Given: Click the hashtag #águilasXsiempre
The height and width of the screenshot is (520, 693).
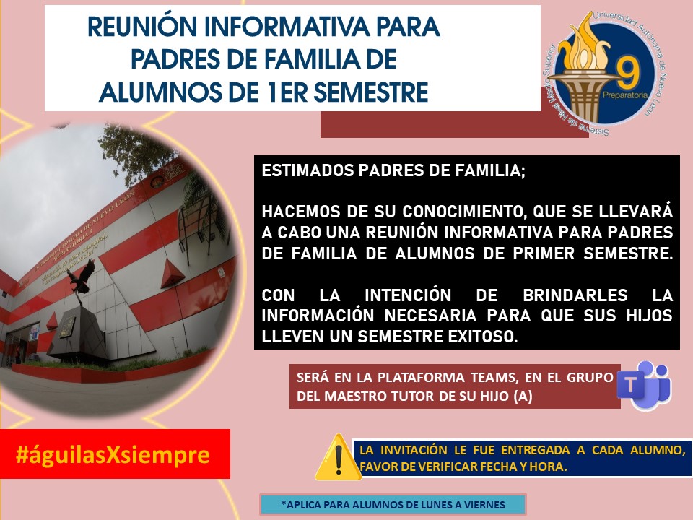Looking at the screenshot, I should (114, 454).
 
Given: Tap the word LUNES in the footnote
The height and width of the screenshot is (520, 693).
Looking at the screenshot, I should (424, 504).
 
